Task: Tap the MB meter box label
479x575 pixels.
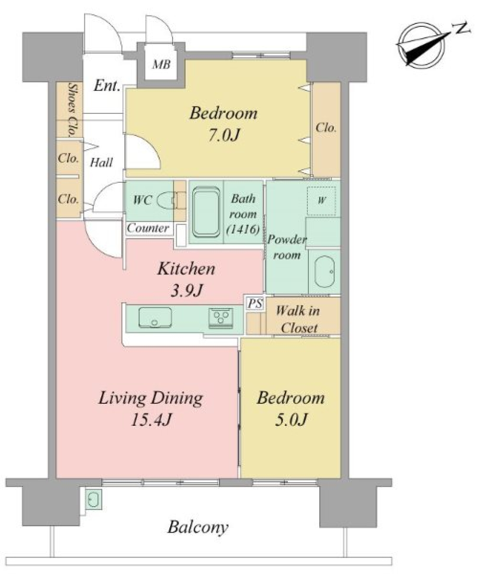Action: click(x=161, y=64)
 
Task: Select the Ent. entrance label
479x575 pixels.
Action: click(x=107, y=86)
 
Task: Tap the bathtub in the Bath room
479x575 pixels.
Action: click(x=206, y=212)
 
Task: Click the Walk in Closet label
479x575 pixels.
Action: click(x=298, y=319)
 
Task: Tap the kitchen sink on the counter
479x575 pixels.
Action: click(x=155, y=317)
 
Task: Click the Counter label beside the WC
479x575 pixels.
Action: click(x=148, y=229)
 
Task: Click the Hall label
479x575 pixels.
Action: click(x=101, y=162)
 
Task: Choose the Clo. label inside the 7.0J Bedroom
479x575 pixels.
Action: click(x=326, y=128)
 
